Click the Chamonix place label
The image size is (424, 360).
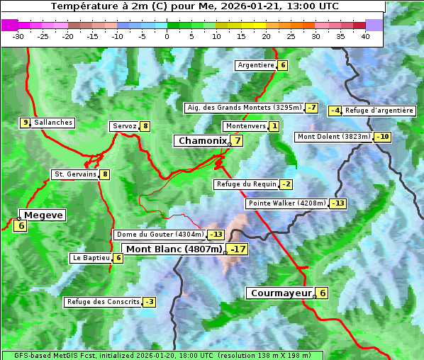pos(202,141)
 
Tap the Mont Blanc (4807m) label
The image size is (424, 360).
pos(174,249)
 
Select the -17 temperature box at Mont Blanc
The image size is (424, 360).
pos(238,249)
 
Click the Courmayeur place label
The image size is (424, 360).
pos(281,293)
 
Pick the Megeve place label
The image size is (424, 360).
pos(43,215)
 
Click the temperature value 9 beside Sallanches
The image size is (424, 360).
pos(26,123)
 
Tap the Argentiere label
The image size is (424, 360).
pos(256,65)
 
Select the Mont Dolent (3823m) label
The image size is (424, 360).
pos(334,137)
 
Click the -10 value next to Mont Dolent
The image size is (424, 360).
pos(383,137)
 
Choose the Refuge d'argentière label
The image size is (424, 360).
pos(379,111)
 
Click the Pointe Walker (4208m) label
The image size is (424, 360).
pos(287,203)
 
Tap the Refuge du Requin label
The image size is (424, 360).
pos(246,184)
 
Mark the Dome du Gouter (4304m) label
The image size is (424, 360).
pos(160,235)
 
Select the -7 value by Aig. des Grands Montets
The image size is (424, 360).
pos(311,108)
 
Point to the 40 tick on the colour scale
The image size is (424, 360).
pos(365,35)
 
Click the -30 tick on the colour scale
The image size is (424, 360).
pos(18,35)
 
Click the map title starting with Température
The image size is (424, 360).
pos(195,6)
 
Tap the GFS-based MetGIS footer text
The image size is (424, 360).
pos(162,355)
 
